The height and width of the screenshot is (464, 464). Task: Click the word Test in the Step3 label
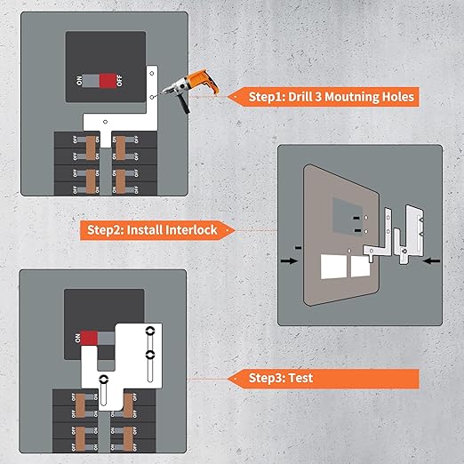(x=299, y=378)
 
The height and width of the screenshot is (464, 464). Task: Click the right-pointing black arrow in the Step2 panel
(x=289, y=261)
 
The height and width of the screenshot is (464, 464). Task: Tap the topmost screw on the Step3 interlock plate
(x=149, y=331)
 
